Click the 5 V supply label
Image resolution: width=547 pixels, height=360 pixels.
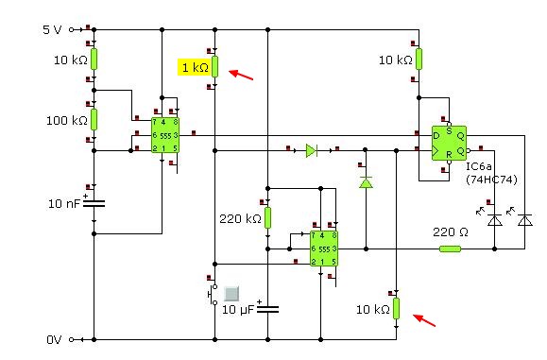tap(52, 29)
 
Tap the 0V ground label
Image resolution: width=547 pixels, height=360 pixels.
tap(54, 339)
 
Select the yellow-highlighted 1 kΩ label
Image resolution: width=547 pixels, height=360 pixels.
tap(195, 67)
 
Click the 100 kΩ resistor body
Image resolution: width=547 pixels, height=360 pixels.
tap(94, 119)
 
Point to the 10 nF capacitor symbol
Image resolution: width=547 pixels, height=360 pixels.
tap(94, 203)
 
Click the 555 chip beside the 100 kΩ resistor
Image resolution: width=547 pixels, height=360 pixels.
tap(165, 135)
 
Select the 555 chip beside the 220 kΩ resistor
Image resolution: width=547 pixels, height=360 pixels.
tap(324, 249)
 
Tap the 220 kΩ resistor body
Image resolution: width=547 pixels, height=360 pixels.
tap(267, 217)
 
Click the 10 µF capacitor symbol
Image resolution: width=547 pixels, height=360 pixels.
tap(267, 309)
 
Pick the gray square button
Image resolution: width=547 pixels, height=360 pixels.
tap(231, 294)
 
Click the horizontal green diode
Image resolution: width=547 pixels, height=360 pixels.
tap(311, 150)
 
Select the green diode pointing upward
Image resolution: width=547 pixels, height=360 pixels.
tap(366, 182)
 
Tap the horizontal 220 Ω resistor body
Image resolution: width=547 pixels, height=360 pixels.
tap(450, 249)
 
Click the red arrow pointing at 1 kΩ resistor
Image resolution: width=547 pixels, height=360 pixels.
tap(241, 75)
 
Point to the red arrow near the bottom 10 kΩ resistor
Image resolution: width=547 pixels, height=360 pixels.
tap(424, 320)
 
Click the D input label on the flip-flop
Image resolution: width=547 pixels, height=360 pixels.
tap(436, 136)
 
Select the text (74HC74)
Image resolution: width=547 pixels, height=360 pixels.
tap(491, 180)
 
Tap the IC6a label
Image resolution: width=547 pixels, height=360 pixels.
tap(479, 166)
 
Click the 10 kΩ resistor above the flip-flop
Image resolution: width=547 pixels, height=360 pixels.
tap(419, 59)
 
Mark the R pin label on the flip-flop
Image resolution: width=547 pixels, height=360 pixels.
tap(449, 154)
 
